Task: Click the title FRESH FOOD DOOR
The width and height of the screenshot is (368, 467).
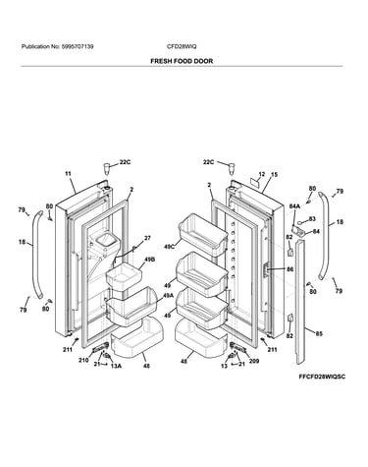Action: click(x=182, y=61)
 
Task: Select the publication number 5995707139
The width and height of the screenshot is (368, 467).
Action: click(x=78, y=46)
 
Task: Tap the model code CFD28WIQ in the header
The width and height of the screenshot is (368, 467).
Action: click(x=182, y=46)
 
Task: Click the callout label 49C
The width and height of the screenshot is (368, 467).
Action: click(x=170, y=246)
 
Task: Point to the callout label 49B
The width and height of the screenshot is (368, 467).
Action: click(x=149, y=260)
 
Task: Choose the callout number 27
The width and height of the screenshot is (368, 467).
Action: click(x=147, y=238)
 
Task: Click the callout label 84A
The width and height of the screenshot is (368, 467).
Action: click(x=294, y=206)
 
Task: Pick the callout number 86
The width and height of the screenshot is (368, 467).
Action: click(x=289, y=269)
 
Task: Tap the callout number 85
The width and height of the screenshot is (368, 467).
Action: click(x=319, y=334)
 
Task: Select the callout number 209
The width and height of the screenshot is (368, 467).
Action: click(x=254, y=361)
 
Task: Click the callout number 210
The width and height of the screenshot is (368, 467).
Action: click(x=83, y=360)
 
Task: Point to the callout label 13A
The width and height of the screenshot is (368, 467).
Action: click(x=116, y=366)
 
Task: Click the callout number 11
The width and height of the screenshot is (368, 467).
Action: click(x=68, y=174)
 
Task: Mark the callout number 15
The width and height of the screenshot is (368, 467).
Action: click(x=274, y=175)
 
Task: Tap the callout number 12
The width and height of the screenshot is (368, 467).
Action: click(x=261, y=174)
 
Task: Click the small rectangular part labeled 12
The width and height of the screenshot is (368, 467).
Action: click(x=254, y=182)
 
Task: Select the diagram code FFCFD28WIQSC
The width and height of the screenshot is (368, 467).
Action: click(x=322, y=377)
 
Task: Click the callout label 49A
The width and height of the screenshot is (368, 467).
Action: click(x=168, y=296)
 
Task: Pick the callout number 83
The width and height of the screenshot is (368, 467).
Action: click(x=312, y=219)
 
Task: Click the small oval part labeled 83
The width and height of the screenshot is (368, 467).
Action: click(x=303, y=222)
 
